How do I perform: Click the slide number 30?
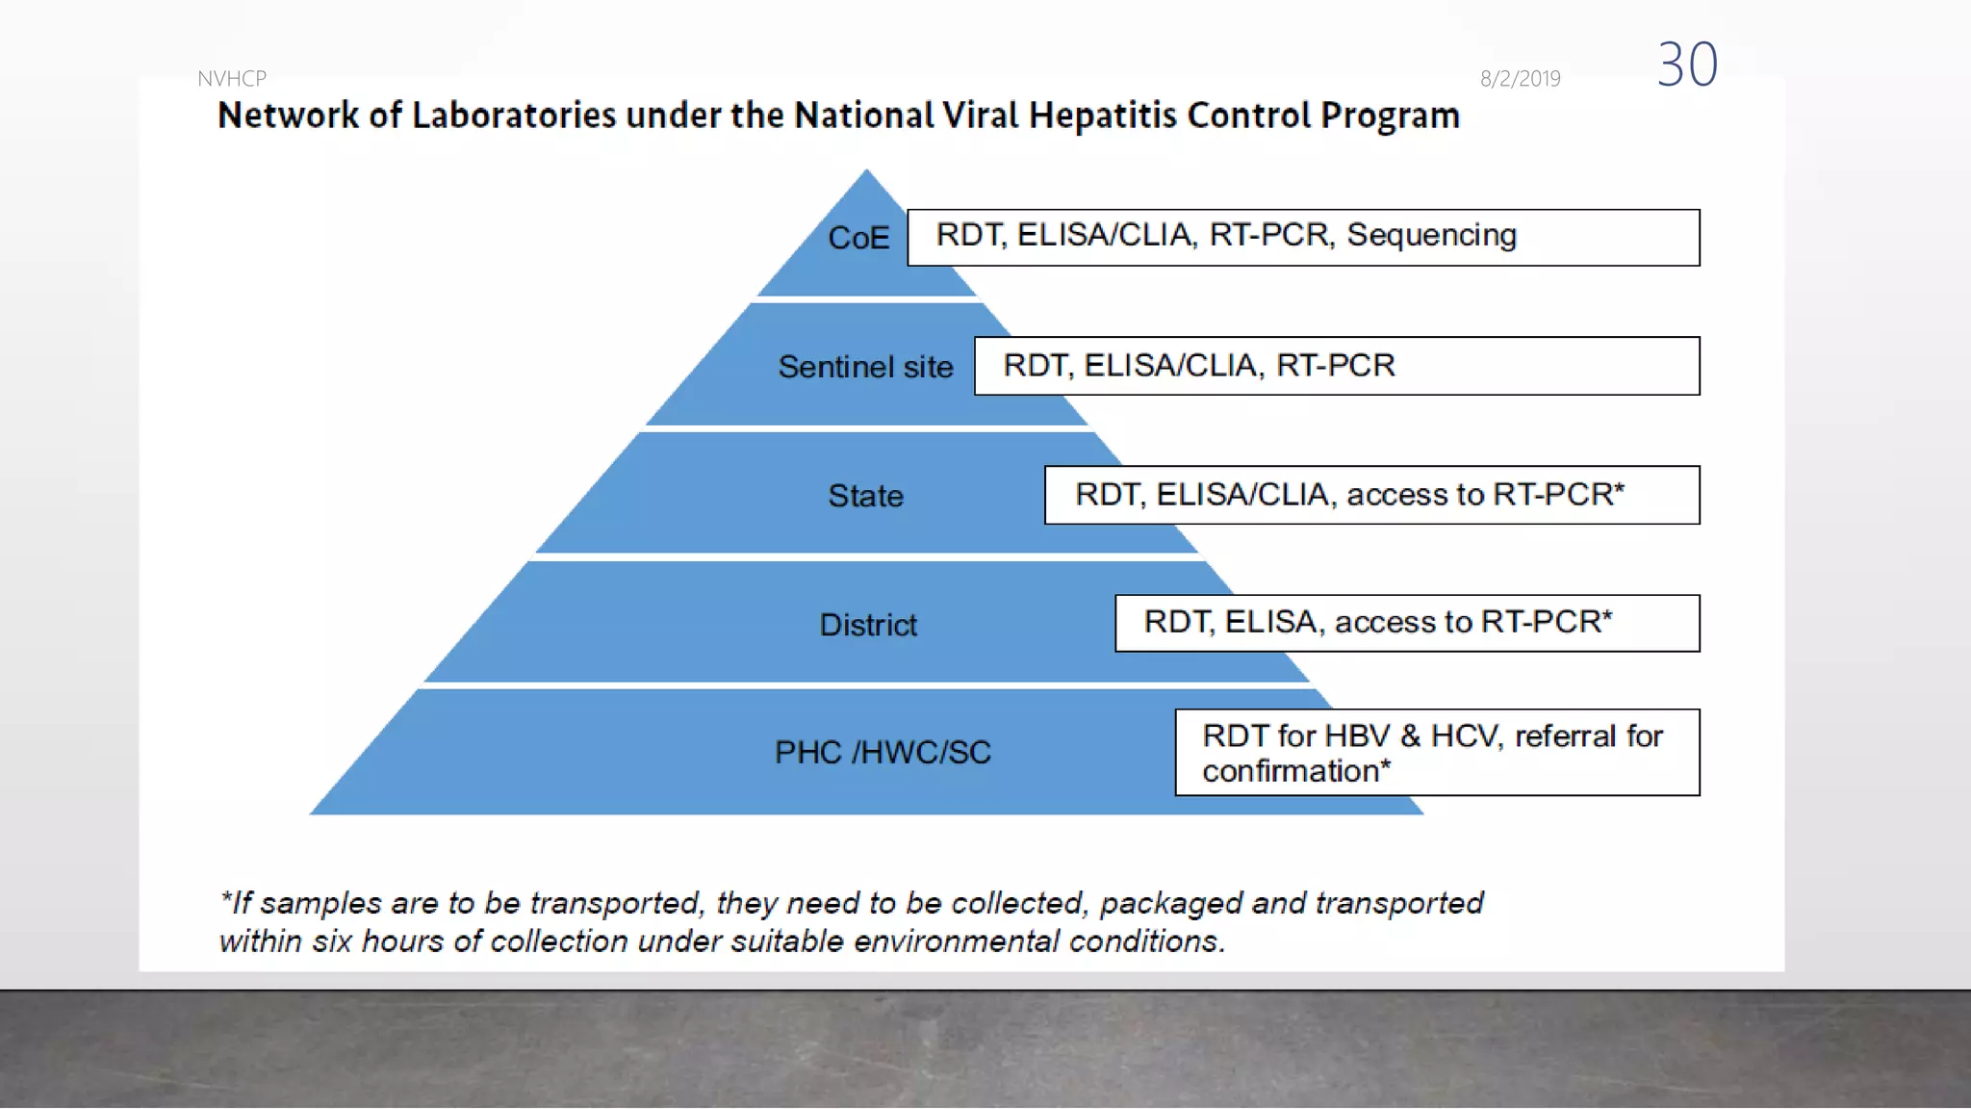pos(1687,64)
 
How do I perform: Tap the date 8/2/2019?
pos(1520,79)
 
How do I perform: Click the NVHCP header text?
pos(232,79)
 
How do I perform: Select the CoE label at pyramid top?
pos(858,238)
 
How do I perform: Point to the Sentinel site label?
pos(865,367)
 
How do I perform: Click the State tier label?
pos(865,496)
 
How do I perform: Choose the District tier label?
pos(868,625)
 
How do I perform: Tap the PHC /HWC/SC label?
pos(883,752)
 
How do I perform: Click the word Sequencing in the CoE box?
pos(1431,236)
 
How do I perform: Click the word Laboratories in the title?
pos(514,116)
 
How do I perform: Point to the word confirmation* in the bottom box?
pos(1296,771)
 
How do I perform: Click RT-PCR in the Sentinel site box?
pos(1335,366)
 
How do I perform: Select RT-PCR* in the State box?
pos(1559,494)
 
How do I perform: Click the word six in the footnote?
pos(332,941)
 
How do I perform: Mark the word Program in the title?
pos(1390,116)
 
